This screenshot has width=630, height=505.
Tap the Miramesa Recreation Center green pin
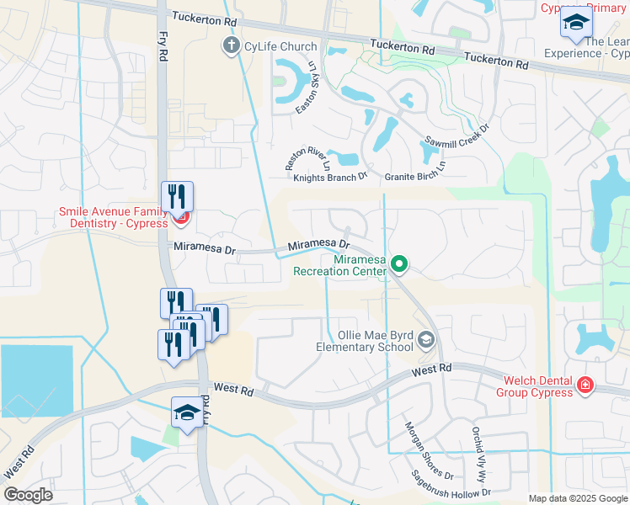400,266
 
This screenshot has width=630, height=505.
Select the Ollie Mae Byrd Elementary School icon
425,340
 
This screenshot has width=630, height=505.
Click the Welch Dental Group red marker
585,385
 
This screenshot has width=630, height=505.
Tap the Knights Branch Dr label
330,177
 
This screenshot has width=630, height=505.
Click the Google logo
28,495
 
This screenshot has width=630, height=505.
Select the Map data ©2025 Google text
577,498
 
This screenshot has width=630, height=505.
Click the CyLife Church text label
281,46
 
